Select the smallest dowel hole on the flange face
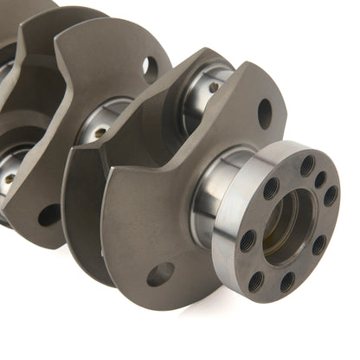coord(321,179)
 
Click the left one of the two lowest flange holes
coord(256,280)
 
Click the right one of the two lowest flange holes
coord(286,282)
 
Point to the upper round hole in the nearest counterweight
coord(265,112)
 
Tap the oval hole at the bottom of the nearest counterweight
coord(160,274)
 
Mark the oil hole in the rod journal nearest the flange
coord(213,87)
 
